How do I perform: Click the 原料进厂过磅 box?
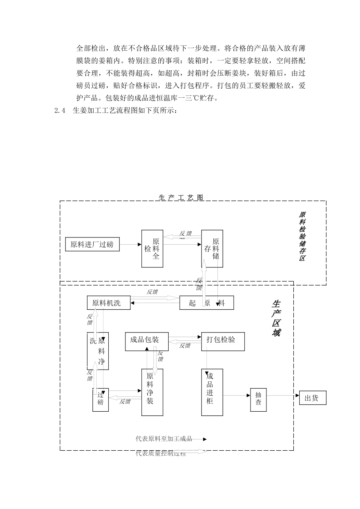tap(92, 244)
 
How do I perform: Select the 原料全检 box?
tap(152, 248)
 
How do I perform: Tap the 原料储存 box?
tap(212, 248)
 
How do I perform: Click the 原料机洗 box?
tap(108, 303)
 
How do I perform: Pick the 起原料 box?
tap(207, 303)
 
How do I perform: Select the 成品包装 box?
tap(147, 342)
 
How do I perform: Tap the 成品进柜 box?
tap(212, 392)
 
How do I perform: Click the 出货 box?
tap(312, 398)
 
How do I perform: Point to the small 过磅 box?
tap(100, 400)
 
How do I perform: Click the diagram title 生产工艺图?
tap(181, 198)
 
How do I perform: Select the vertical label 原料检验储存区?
tap(302, 236)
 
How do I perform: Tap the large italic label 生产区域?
tap(276, 318)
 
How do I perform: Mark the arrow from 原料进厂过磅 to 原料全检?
tap(130, 244)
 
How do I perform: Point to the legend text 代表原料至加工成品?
tap(164, 439)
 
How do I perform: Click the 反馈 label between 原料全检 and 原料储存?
tap(185, 233)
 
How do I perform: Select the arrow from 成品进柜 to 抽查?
tap(237, 396)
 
